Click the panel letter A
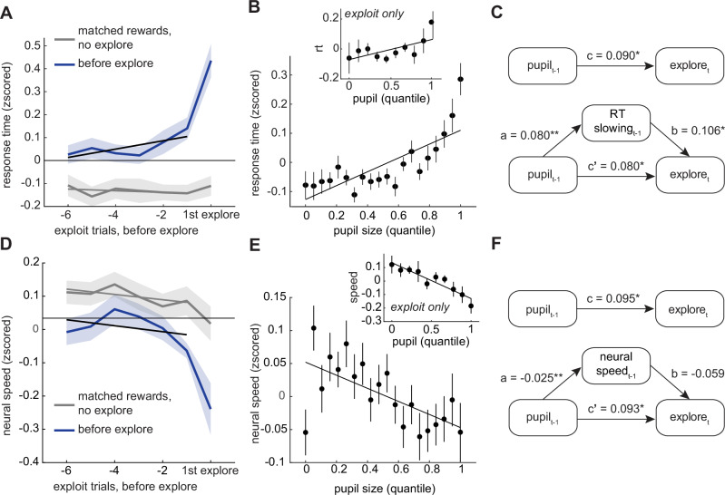(x=6, y=13)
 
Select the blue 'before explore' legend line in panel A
(x=64, y=64)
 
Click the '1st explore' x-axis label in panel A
(x=211, y=215)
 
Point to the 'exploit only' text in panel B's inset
(x=374, y=14)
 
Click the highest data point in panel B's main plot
(x=460, y=80)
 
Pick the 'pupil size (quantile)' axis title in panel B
(x=384, y=230)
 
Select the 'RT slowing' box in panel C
(x=616, y=122)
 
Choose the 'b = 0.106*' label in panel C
(x=695, y=131)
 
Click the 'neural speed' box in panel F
(x=616, y=365)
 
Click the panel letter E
(x=255, y=245)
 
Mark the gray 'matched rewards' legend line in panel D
(x=64, y=405)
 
